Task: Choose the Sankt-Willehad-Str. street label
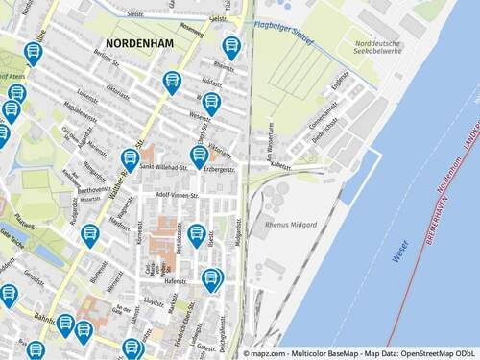(x=164, y=167)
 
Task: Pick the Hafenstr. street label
(x=175, y=282)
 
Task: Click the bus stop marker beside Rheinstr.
(x=231, y=46)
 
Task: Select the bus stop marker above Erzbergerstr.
(x=200, y=155)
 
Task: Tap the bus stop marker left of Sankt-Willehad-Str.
(x=131, y=158)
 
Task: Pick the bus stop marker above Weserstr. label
(x=211, y=102)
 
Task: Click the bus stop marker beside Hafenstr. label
(x=211, y=279)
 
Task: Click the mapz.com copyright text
(x=357, y=352)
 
